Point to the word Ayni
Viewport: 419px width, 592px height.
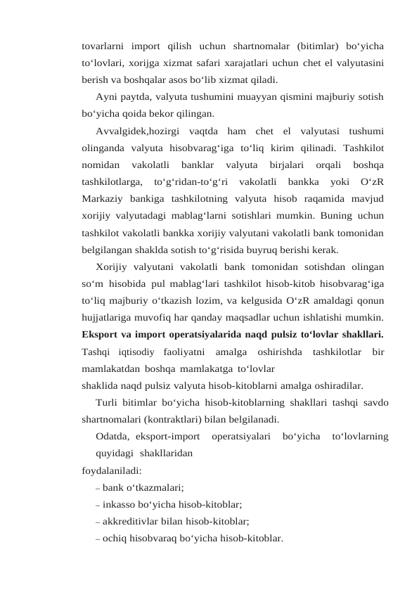click(x=108, y=96)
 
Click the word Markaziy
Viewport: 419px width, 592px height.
click(x=103, y=198)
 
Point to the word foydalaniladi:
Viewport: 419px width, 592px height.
click(x=111, y=470)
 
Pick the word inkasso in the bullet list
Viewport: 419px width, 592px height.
click(x=121, y=503)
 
